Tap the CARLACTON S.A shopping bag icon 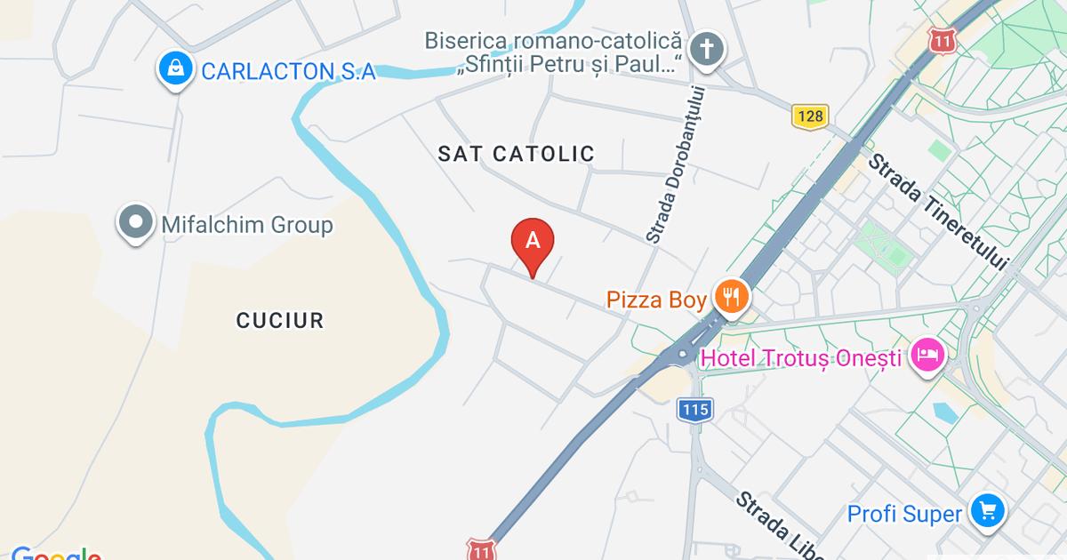[176, 70]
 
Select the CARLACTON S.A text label [289, 71]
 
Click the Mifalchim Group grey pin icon [136, 223]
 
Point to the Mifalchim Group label [247, 225]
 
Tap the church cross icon [707, 48]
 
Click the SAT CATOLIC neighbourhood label [516, 154]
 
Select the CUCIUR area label [280, 320]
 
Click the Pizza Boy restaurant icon [732, 297]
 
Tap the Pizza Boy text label [656, 300]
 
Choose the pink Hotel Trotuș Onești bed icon [927, 356]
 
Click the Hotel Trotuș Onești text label [801, 359]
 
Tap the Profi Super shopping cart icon [987, 510]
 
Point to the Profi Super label [904, 514]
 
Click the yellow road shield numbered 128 [810, 116]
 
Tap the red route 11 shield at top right [943, 40]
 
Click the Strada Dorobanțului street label [676, 164]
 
